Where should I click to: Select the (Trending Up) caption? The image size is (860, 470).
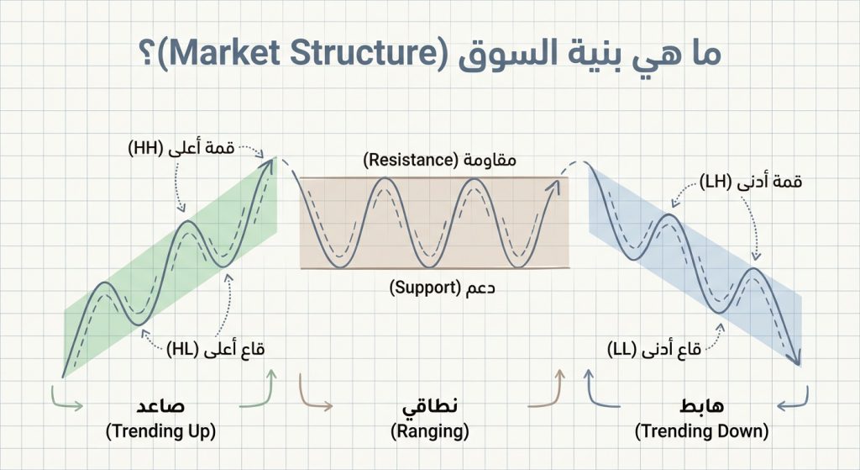coord(160,431)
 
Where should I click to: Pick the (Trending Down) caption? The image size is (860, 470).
coord(701,431)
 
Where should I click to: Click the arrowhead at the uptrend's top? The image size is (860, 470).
coord(271,161)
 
